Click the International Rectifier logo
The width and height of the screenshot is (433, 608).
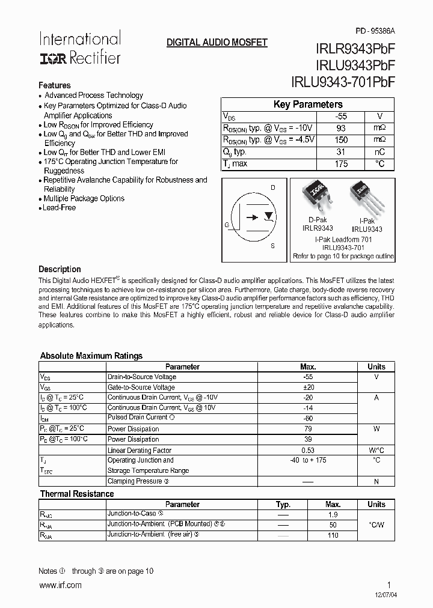pos(80,48)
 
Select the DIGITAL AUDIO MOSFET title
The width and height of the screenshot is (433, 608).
pos(216,43)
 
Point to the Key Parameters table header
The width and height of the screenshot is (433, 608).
pos(308,105)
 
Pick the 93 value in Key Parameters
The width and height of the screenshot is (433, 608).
pos(341,128)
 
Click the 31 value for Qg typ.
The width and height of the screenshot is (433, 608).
pos(341,152)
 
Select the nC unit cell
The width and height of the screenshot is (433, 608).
pos(379,152)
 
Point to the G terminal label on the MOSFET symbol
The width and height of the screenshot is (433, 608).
pos(227,225)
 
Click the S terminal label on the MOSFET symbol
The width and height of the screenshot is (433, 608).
pos(272,246)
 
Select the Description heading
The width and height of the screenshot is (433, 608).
pos(60,269)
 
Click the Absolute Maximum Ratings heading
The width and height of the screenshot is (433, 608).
pos(91,356)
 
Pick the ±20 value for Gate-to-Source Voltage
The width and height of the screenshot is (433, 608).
pos(307,388)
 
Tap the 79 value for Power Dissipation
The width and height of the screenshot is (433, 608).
pos(307,429)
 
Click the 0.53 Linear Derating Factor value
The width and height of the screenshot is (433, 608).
pos(307,450)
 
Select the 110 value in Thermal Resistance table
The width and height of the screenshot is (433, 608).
pos(333,535)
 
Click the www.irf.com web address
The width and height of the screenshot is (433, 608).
pos(60,586)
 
